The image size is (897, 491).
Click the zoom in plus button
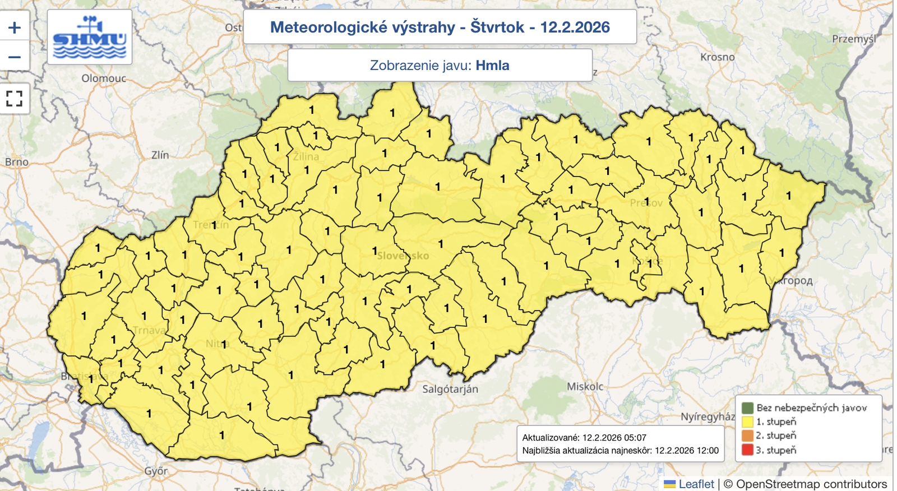[15, 27]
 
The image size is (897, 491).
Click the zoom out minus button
[15, 57]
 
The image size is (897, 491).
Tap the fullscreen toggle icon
[15, 99]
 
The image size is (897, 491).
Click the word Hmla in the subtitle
[492, 65]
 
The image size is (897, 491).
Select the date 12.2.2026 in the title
[575, 27]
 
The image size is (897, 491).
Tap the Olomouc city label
[104, 78]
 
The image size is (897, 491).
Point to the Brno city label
[17, 162]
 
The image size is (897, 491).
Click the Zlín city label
[160, 155]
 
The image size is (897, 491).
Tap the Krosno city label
[717, 57]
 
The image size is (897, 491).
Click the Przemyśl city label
[853, 39]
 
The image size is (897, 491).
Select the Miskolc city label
[585, 387]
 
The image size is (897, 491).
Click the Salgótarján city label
[450, 389]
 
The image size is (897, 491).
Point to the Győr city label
[156, 471]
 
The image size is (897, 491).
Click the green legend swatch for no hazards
[747, 407]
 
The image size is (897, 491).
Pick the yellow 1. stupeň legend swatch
[747, 421]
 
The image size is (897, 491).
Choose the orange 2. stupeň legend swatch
[747, 436]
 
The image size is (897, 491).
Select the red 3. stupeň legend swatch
[747, 450]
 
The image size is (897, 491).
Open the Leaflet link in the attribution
[696, 484]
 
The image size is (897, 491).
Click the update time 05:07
[634, 437]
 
